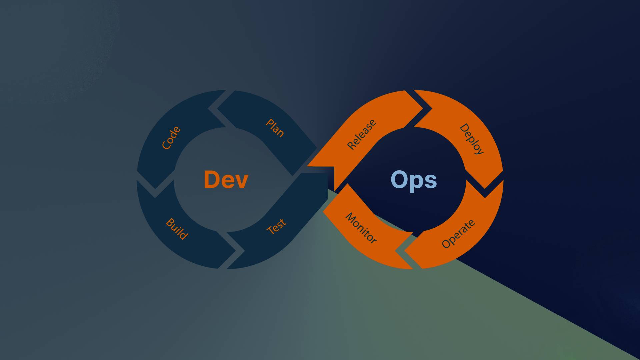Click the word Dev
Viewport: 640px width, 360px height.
point(226,180)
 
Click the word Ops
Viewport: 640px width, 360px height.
point(413,180)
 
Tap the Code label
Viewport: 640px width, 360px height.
point(171,138)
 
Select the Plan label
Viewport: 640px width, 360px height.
point(275,128)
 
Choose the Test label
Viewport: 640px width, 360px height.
point(276,226)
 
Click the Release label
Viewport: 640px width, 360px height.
point(362,134)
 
